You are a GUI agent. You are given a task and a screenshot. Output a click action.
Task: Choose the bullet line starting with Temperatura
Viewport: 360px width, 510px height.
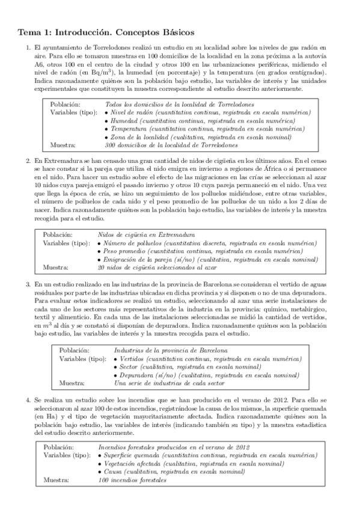tap(204, 129)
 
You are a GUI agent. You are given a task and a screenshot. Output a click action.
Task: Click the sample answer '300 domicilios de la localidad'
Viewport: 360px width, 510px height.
tap(171, 145)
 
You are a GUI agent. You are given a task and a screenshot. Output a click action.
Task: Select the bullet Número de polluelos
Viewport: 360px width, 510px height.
tap(206, 242)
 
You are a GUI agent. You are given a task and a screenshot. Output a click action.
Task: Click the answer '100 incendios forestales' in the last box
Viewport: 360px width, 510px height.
tap(131, 480)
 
